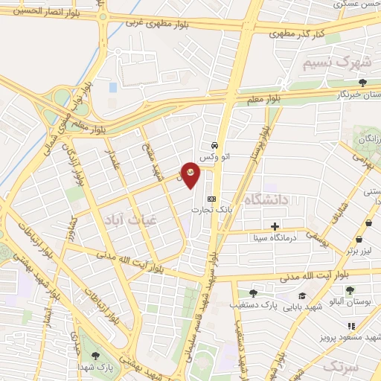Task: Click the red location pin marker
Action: pyautogui.click(x=190, y=173)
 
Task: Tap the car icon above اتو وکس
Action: pyautogui.click(x=214, y=145)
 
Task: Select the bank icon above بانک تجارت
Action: pyautogui.click(x=212, y=199)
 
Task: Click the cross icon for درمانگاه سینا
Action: pyautogui.click(x=275, y=225)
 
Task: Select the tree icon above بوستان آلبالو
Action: pyautogui.click(x=350, y=290)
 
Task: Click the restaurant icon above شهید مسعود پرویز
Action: pyautogui.click(x=350, y=327)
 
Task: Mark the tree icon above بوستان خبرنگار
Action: pyautogui.click(x=362, y=83)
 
